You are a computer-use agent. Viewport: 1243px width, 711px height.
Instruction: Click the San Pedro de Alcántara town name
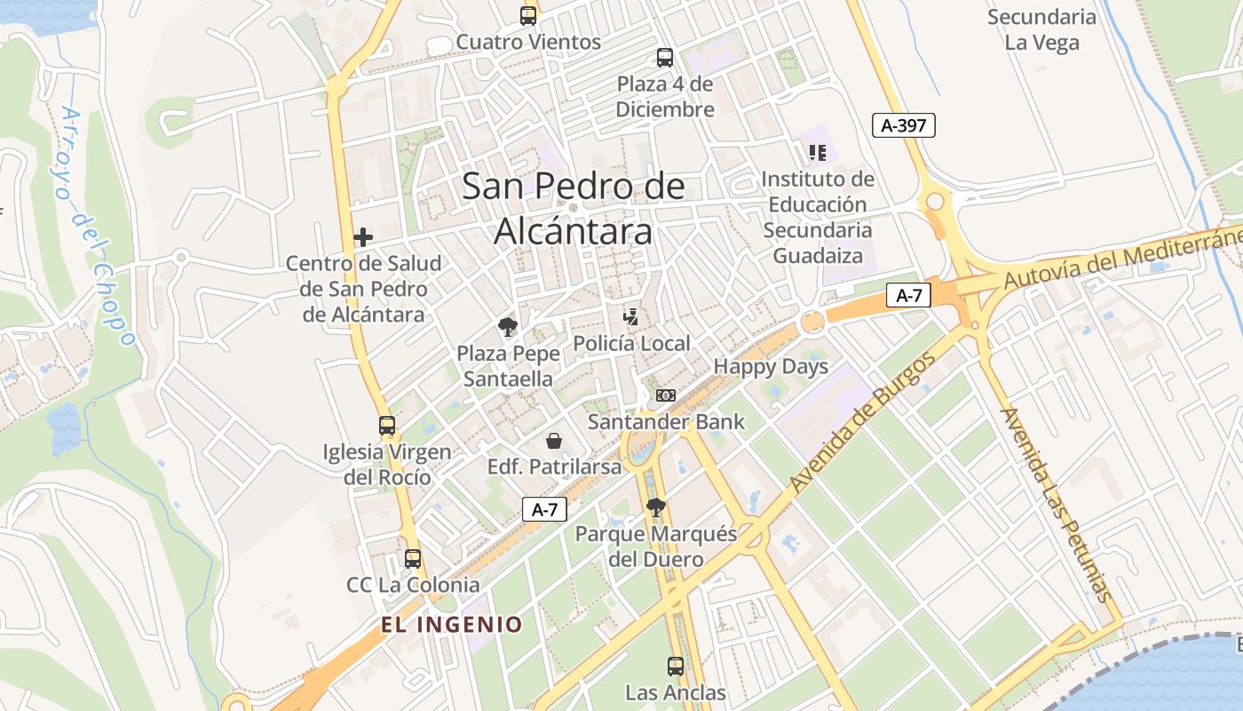point(574,209)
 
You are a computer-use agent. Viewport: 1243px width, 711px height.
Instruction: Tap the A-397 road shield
point(904,125)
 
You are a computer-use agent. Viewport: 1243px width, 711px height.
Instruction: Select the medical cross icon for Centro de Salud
point(362,237)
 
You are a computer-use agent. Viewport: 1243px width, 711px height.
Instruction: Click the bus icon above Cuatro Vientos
point(528,15)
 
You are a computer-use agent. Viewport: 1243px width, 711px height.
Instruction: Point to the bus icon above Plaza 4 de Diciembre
point(665,58)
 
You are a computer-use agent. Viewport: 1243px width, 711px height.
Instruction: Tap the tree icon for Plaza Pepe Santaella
point(508,327)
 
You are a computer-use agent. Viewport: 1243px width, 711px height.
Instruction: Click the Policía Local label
point(631,344)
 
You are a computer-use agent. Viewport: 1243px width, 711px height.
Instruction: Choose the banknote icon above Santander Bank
point(666,395)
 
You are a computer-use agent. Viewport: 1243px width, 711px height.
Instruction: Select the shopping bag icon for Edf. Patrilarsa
point(554,440)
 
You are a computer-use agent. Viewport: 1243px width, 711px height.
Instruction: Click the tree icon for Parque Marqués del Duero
point(656,507)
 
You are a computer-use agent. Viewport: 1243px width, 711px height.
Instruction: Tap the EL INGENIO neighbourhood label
point(452,624)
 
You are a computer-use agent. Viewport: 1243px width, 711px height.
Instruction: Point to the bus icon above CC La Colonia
point(413,559)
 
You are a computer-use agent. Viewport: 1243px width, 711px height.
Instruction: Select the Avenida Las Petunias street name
point(1056,504)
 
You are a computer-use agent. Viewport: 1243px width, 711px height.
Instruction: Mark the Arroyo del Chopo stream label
point(98,227)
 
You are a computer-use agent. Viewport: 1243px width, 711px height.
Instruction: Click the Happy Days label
point(771,366)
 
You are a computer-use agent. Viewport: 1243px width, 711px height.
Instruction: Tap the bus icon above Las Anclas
point(676,666)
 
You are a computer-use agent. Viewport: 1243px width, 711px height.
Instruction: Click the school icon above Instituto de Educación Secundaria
point(818,153)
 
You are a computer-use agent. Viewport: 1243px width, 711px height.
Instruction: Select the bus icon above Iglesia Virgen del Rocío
point(387,425)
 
